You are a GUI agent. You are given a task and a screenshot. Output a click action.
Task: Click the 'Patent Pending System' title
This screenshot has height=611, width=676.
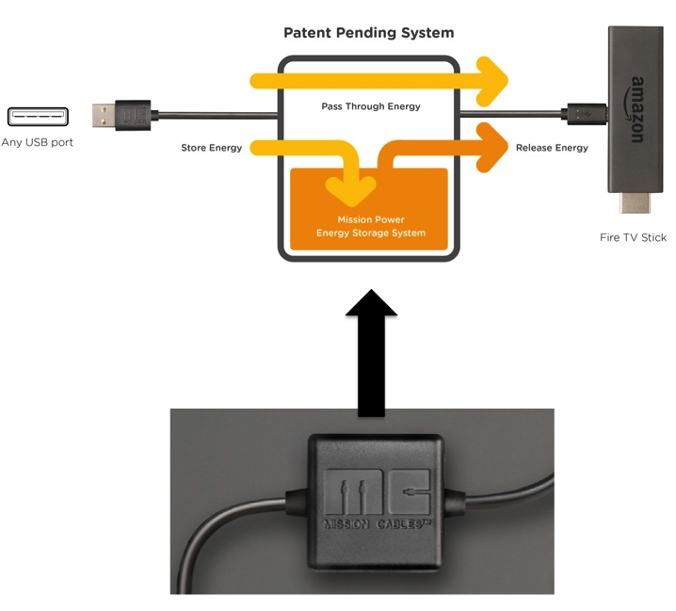tap(368, 33)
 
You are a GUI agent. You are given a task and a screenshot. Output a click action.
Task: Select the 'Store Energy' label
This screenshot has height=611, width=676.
tap(211, 148)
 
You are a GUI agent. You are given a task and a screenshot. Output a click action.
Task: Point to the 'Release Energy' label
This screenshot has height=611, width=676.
tap(552, 148)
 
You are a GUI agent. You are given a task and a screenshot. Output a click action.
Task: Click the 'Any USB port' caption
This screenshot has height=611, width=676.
tap(38, 143)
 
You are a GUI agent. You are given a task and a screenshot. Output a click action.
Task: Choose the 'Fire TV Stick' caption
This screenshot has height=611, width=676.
tap(633, 237)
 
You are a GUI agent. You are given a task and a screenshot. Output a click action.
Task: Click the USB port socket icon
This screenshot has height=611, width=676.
tap(37, 117)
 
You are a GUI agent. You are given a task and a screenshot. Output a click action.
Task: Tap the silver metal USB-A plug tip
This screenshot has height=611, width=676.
tap(103, 116)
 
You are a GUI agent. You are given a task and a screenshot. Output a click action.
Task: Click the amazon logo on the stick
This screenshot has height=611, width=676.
tap(636, 109)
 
